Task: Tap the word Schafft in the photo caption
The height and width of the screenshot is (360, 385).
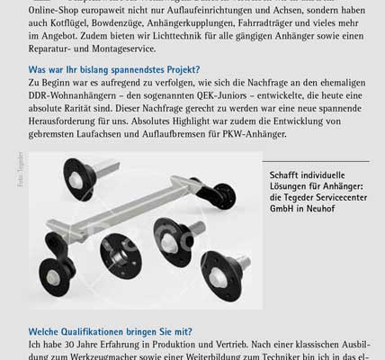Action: tap(261, 176)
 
